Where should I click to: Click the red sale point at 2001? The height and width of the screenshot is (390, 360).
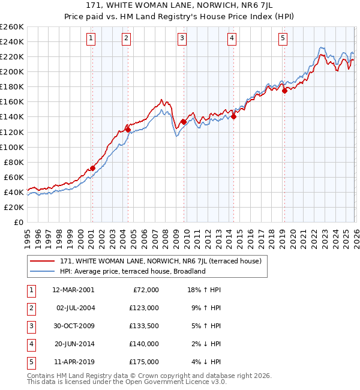click(92, 168)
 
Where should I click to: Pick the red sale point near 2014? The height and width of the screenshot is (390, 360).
click(233, 117)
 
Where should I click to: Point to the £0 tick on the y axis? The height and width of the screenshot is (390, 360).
click(19, 222)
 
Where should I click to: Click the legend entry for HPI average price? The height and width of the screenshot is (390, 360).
click(133, 271)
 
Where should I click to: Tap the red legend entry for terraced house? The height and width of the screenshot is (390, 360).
click(160, 262)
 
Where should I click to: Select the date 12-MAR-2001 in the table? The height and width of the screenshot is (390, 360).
click(73, 290)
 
